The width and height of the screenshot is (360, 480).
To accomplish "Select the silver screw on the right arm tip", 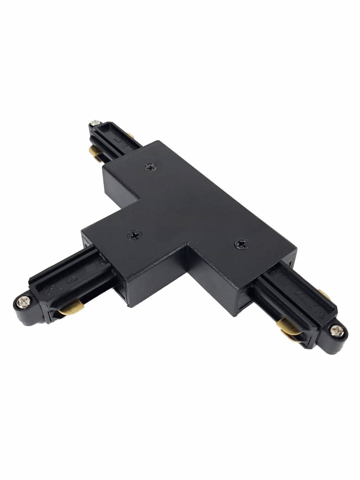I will [x=333, y=329].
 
